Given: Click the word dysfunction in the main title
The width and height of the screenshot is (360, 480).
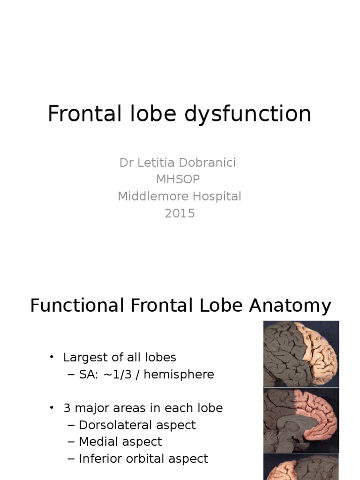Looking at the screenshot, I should (251, 114).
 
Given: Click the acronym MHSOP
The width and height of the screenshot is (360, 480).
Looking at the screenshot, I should (180, 180).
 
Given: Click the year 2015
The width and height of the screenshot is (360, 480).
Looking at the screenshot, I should (180, 213).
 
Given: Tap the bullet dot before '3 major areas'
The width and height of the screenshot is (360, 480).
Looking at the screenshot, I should (52, 408).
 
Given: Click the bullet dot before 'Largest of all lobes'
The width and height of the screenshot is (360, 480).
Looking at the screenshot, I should (52, 358).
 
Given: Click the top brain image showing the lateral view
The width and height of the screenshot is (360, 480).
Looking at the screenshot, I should (301, 353).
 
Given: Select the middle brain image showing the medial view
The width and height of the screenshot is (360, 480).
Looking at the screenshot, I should (301, 420).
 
